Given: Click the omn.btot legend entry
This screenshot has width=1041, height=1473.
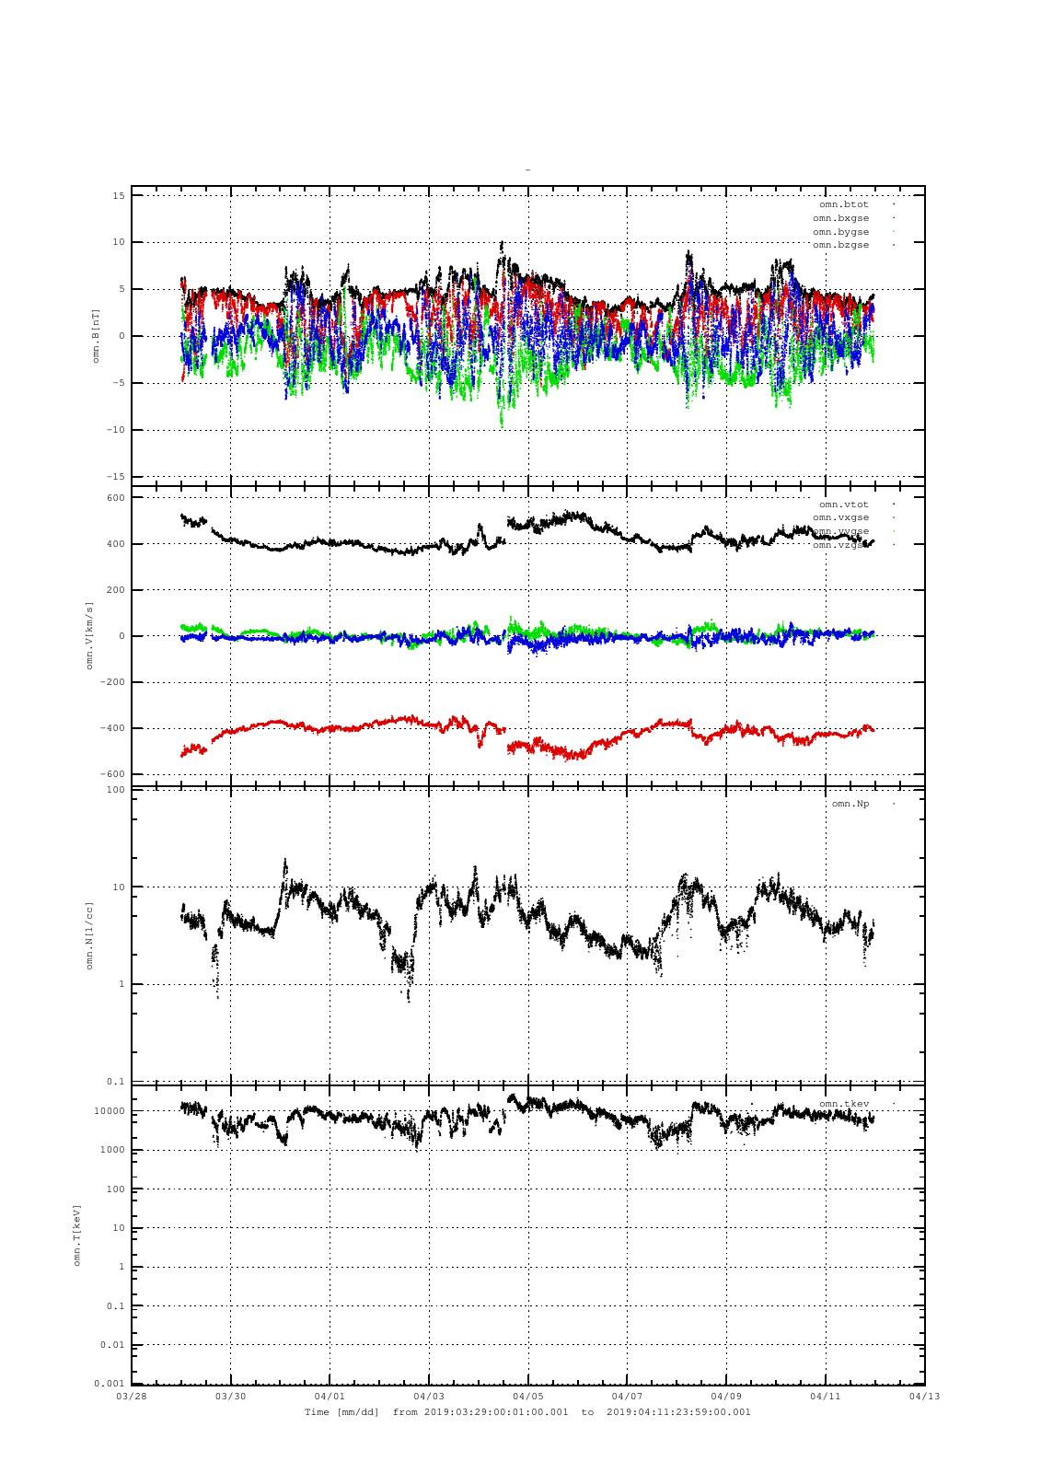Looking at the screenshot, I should [x=843, y=204].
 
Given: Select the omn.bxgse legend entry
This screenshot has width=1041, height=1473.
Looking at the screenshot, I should [x=840, y=218].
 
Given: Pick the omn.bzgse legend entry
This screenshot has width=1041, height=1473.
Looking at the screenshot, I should [x=840, y=245].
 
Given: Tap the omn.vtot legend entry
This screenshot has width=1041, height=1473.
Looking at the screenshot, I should [x=843, y=505].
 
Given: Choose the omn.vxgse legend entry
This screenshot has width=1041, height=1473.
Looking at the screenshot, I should [x=840, y=517].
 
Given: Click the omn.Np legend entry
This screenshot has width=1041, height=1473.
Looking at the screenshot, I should [x=850, y=804].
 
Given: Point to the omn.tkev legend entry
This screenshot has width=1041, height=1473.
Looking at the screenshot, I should [x=843, y=1103].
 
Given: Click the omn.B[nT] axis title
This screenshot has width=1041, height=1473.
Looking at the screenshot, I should [x=96, y=336].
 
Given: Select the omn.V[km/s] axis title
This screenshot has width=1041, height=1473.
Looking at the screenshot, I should [x=90, y=636].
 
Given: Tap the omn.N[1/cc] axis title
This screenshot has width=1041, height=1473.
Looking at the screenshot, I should [x=90, y=935].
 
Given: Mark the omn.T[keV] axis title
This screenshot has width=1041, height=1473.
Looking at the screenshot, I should [x=78, y=1235].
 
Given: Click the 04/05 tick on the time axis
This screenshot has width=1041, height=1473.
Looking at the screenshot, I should [x=528, y=1396].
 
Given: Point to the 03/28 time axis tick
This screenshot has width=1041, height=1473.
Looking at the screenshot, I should [x=132, y=1396].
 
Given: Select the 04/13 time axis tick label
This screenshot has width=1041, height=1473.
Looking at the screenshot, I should [x=925, y=1396].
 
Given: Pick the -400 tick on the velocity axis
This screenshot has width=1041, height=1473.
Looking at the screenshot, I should [x=113, y=728].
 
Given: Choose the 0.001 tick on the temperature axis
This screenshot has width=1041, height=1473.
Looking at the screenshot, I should [x=109, y=1384].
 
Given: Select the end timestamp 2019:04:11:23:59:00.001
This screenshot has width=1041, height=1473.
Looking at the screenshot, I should [x=678, y=1411].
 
